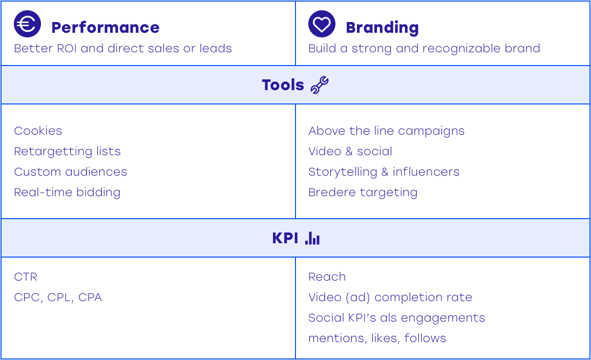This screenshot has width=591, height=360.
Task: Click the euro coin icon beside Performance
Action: (27, 24)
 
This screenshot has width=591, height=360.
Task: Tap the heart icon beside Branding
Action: (322, 24)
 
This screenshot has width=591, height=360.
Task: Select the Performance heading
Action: (105, 28)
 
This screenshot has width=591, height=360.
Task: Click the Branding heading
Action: (382, 28)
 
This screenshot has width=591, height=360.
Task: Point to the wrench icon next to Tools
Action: (320, 85)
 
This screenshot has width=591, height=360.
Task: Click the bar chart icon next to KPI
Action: (312, 238)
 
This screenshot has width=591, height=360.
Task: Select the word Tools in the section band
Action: (283, 85)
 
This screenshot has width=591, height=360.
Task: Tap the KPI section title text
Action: (285, 238)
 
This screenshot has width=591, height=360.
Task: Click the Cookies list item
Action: (38, 131)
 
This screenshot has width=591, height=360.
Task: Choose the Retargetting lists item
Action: (68, 152)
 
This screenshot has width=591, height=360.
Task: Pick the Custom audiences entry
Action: (71, 172)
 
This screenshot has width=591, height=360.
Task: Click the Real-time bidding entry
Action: (67, 192)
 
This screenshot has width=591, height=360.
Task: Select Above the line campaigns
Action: (386, 131)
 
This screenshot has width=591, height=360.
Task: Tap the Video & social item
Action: (350, 151)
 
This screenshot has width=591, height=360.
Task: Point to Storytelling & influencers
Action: (384, 172)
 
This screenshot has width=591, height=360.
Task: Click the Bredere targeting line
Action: (363, 193)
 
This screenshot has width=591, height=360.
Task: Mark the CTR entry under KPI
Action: (26, 277)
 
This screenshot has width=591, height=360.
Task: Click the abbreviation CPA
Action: (90, 298)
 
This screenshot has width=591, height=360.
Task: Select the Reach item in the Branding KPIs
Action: (327, 277)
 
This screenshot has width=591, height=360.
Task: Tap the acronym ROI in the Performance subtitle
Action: (67, 49)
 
